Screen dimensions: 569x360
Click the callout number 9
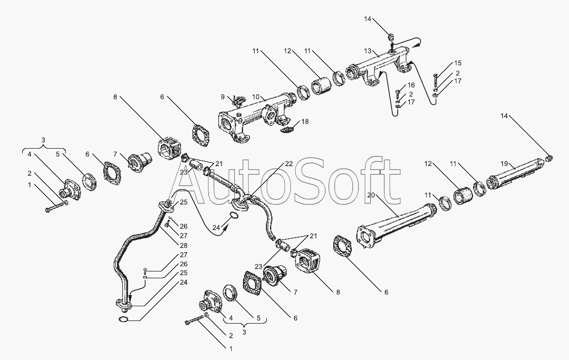(223, 97)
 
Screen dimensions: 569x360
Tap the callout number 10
(255, 97)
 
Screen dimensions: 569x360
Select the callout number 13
(368, 52)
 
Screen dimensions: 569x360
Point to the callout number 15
(458, 64)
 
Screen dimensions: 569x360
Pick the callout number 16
(411, 85)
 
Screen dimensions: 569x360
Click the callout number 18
(305, 121)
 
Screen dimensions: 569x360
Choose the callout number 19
(504, 164)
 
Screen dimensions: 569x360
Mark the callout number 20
(371, 195)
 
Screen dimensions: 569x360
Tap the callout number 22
(288, 164)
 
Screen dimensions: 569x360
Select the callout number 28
(184, 245)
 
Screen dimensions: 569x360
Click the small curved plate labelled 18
(288, 129)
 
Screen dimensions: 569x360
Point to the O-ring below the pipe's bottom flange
(123, 319)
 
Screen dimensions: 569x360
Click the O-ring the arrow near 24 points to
(235, 217)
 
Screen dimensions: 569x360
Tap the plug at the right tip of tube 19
(549, 158)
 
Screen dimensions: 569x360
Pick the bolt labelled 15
(435, 80)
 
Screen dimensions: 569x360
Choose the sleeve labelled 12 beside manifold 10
(322, 87)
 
